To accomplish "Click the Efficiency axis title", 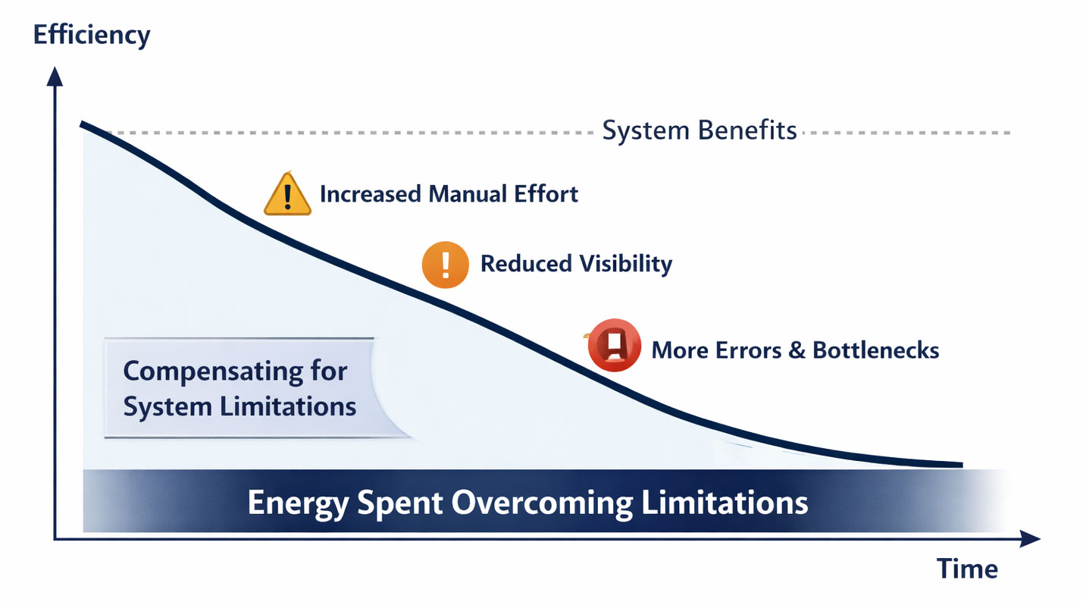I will coord(92,35).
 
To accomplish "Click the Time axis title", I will coord(967,569).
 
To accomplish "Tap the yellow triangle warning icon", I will coord(287,195).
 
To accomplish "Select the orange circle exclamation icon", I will coord(445,265).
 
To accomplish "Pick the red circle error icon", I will coord(615,346).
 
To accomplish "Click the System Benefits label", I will coord(699,131).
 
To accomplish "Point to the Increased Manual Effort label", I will coord(449,194).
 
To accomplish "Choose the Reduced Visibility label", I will coord(576,264).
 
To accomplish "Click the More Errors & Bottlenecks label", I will coord(795,350).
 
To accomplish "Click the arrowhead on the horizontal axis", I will coord(1031,539).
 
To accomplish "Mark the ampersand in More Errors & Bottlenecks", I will coord(796,350).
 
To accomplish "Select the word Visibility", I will coord(625,264).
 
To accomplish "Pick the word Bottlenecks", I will coord(875,350).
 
